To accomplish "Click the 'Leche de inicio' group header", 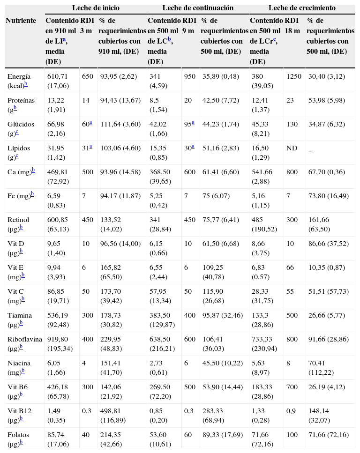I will click(x=95, y=8).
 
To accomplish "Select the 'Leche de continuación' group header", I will click(x=198, y=8).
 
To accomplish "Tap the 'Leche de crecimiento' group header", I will click(x=302, y=8).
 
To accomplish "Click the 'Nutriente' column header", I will click(x=21, y=21).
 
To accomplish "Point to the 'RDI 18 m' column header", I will click(x=292, y=25).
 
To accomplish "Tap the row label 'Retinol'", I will click(x=18, y=220).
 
